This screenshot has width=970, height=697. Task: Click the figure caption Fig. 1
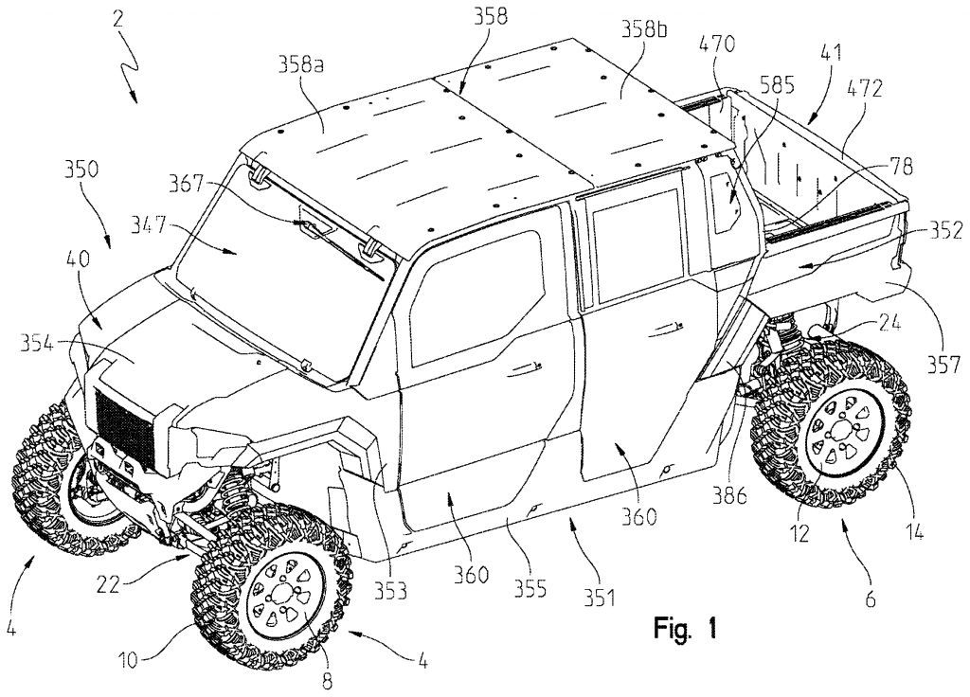pyautogui.click(x=686, y=629)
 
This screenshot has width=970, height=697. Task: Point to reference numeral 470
pyautogui.click(x=717, y=44)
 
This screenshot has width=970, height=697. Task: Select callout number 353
pyautogui.click(x=389, y=591)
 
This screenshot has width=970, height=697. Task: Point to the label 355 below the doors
pyautogui.click(x=530, y=588)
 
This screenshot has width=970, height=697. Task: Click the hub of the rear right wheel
pyautogui.click(x=844, y=432)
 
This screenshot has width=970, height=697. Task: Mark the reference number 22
pyautogui.click(x=108, y=584)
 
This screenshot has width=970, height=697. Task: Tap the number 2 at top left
pyautogui.click(x=118, y=18)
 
